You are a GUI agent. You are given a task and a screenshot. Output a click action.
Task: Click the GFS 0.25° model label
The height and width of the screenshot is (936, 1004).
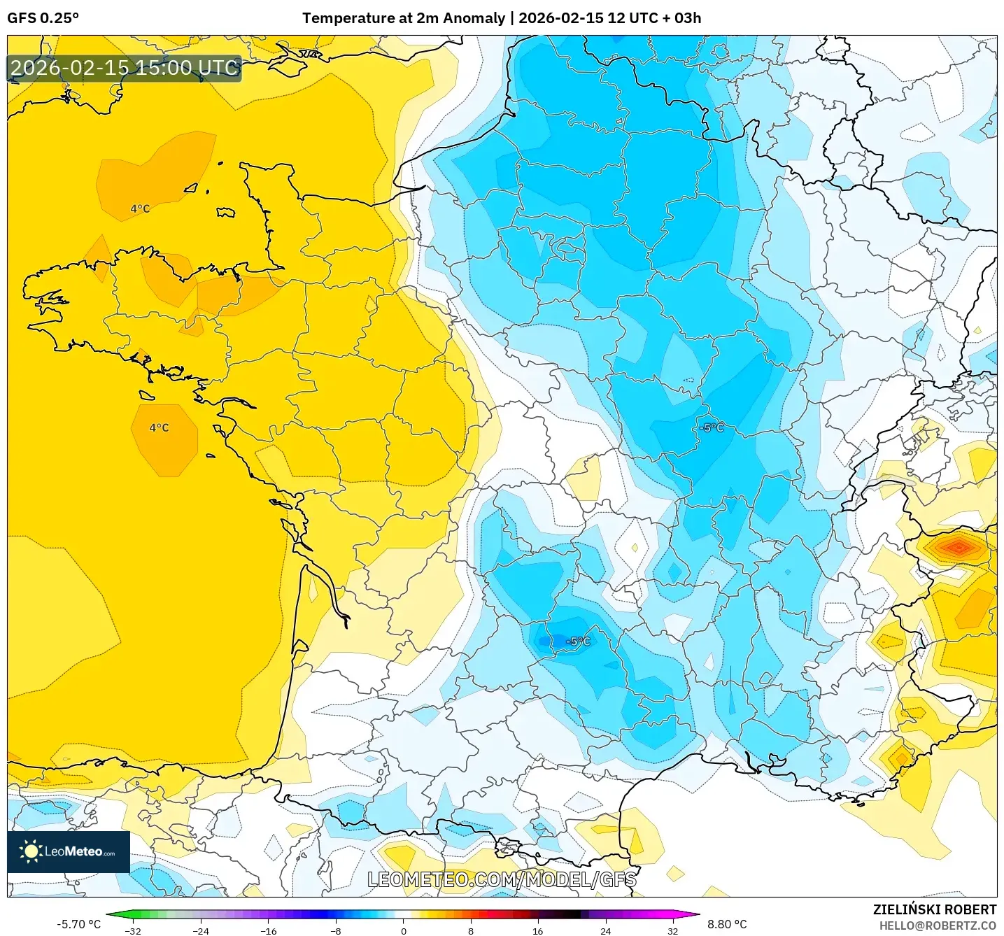tap(43, 18)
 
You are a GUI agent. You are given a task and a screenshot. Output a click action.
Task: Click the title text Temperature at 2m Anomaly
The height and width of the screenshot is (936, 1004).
tap(403, 18)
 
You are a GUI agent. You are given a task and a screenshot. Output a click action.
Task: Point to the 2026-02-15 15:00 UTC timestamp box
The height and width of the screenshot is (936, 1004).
tap(125, 68)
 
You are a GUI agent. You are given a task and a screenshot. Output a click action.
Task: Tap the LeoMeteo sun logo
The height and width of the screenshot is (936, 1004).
tap(31, 851)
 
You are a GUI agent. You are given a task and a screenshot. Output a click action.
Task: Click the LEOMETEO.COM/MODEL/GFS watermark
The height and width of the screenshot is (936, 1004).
tap(502, 879)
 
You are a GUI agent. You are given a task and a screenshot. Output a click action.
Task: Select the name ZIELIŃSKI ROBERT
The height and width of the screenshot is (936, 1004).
tap(934, 909)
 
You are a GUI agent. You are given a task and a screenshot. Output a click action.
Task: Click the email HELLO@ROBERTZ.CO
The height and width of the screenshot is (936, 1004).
tap(937, 926)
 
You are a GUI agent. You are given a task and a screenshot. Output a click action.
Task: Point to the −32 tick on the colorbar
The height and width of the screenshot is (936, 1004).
tap(132, 931)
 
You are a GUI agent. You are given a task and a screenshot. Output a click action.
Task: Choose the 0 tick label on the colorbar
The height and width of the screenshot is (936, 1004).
tap(403, 931)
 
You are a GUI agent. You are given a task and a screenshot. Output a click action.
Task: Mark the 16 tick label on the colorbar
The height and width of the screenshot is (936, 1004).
tap(537, 931)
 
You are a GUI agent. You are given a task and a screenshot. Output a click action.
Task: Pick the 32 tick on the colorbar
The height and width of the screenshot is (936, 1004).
tap(672, 931)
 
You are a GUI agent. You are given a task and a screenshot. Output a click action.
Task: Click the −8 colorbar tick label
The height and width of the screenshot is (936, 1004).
tap(336, 931)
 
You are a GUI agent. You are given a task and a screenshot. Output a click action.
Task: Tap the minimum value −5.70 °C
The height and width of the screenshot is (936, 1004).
tap(78, 924)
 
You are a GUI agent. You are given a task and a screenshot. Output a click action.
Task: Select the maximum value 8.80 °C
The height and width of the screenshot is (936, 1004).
tap(727, 924)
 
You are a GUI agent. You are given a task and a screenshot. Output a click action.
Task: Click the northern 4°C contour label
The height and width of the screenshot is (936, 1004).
tap(140, 208)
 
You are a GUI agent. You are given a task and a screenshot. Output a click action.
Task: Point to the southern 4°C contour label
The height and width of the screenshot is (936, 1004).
tap(159, 427)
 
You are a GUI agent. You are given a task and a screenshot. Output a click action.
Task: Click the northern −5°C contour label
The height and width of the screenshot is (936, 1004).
tap(712, 427)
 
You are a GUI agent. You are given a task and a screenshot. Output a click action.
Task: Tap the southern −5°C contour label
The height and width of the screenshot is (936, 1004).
tap(578, 641)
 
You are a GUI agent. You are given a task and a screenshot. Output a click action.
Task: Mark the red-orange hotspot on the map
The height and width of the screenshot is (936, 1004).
tap(958, 546)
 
